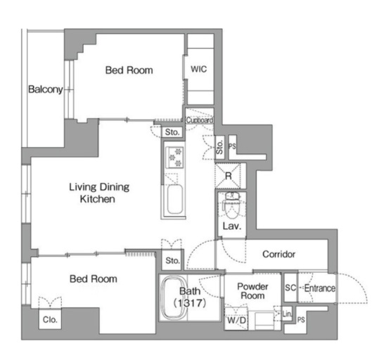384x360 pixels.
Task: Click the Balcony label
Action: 46,89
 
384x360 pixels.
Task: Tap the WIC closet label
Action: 198,69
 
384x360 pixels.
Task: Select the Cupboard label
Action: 199,120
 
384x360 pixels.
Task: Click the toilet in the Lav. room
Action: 231,205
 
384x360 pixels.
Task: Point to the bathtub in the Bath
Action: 174,297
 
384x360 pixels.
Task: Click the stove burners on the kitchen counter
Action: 174,157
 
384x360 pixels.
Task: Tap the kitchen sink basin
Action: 174,200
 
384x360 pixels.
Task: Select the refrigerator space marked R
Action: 228,176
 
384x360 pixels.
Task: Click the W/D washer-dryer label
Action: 236,320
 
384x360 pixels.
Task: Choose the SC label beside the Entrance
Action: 290,288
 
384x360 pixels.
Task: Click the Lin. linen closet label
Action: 287,314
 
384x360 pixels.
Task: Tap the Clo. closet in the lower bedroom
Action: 50,320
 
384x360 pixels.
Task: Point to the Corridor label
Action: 279,255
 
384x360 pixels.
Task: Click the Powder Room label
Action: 252,291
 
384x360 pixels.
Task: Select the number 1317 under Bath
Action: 191,303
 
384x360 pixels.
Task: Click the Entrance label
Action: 319,288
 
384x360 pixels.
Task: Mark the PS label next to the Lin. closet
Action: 301,320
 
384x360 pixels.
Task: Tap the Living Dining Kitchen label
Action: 99,193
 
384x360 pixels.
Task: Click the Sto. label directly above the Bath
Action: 172,261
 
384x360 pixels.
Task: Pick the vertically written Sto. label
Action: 219,147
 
